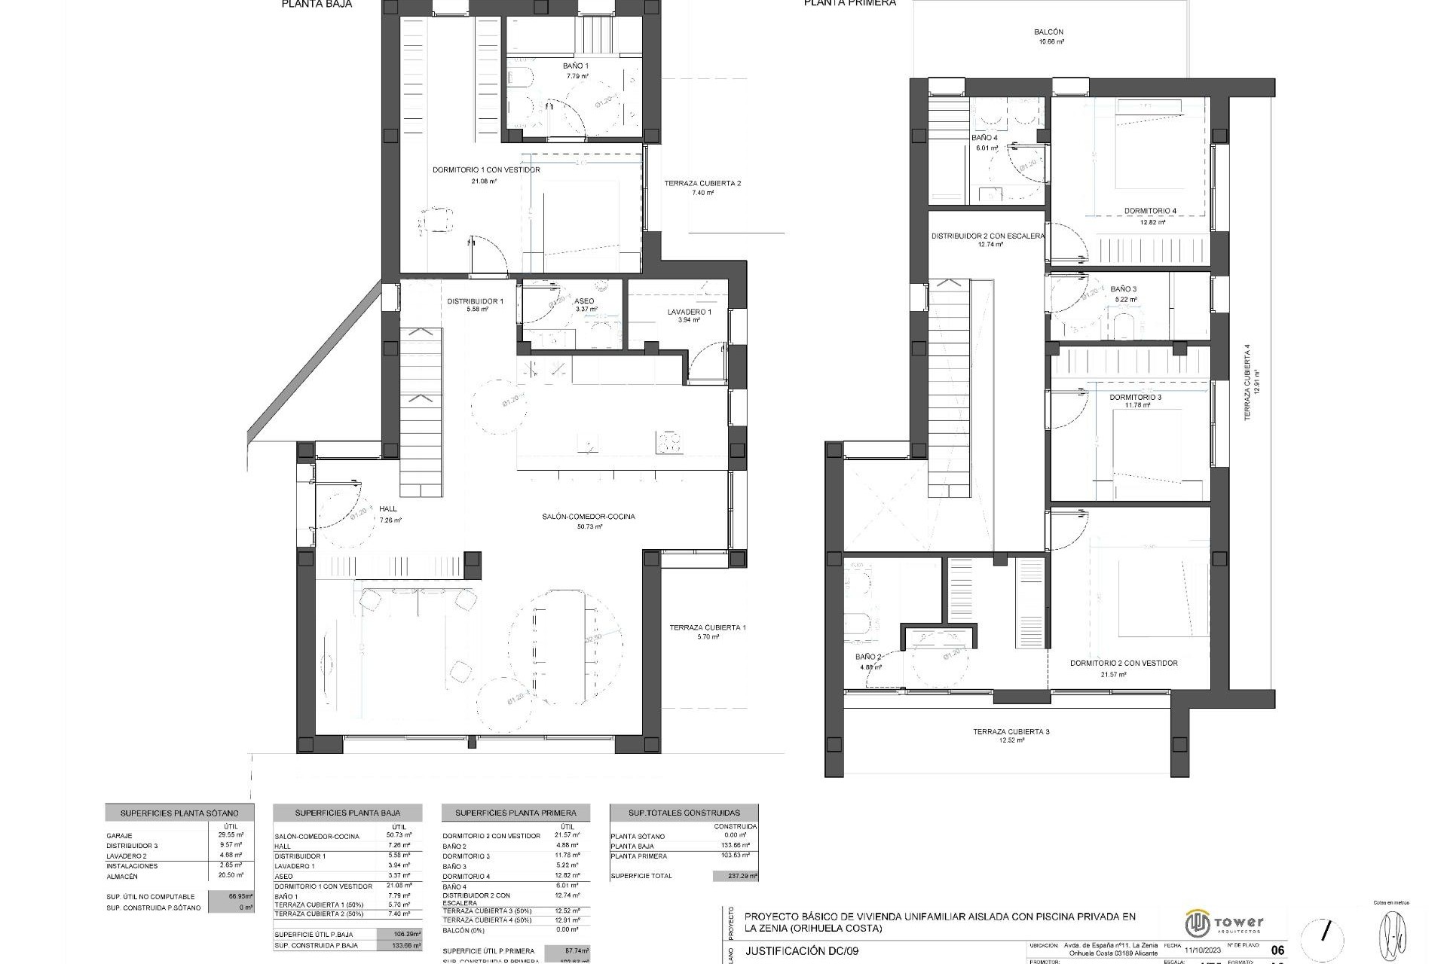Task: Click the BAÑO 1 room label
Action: point(576,66)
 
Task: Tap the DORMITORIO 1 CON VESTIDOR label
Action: point(486,170)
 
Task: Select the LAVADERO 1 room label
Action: point(689,312)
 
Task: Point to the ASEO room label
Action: point(585,301)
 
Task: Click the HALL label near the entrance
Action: point(388,510)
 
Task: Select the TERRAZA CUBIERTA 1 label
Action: point(708,627)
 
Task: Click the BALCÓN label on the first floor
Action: point(1048,32)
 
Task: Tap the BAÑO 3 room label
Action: point(1124,289)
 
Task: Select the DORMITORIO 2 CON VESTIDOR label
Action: point(1124,664)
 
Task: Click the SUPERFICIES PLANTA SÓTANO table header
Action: point(179,813)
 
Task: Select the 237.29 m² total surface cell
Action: point(735,876)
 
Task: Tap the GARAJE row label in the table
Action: point(120,836)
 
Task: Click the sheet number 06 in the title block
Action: point(1277,950)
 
